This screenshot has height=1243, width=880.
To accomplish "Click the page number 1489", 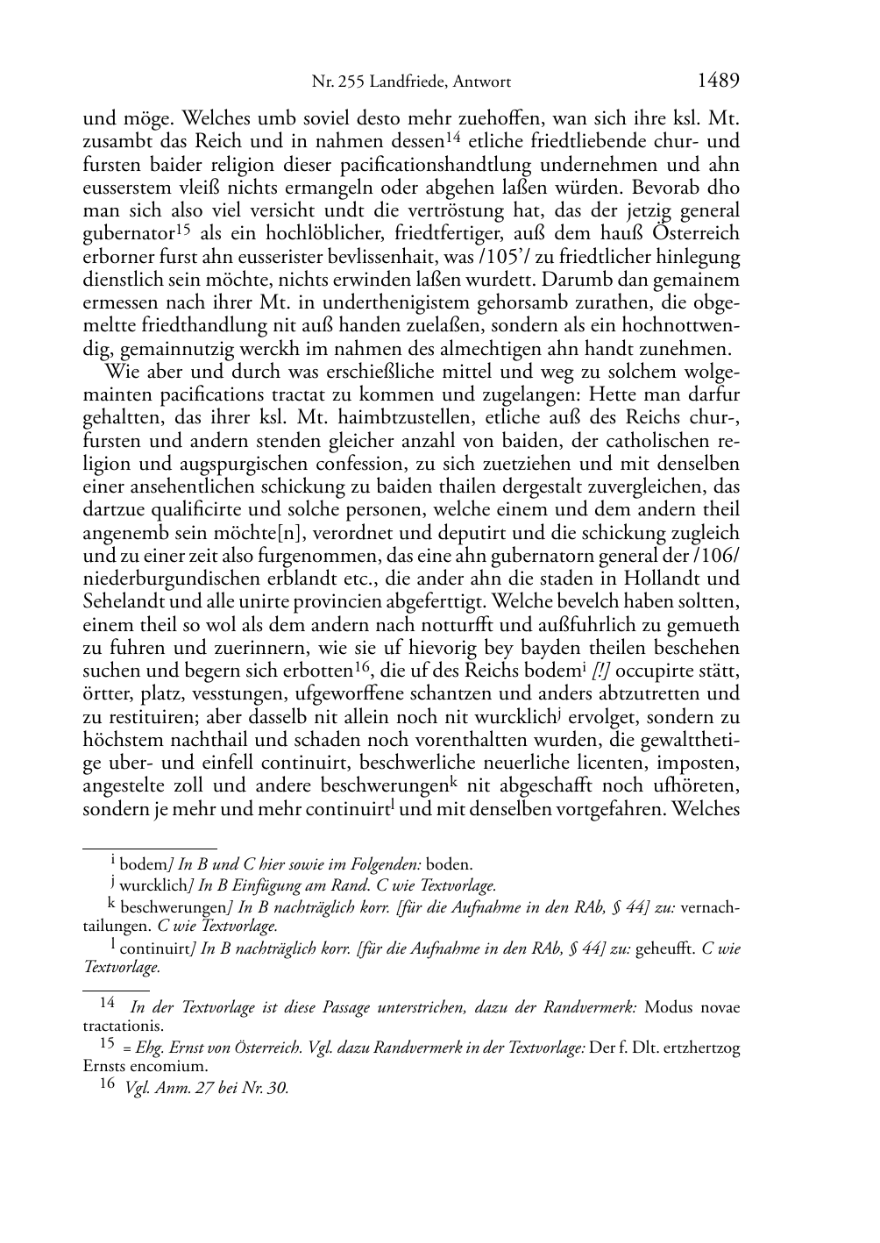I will pos(718,82).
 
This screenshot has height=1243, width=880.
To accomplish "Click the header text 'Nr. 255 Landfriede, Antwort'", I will pos(411,83).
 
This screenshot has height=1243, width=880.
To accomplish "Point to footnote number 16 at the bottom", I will pos(107,1087).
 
